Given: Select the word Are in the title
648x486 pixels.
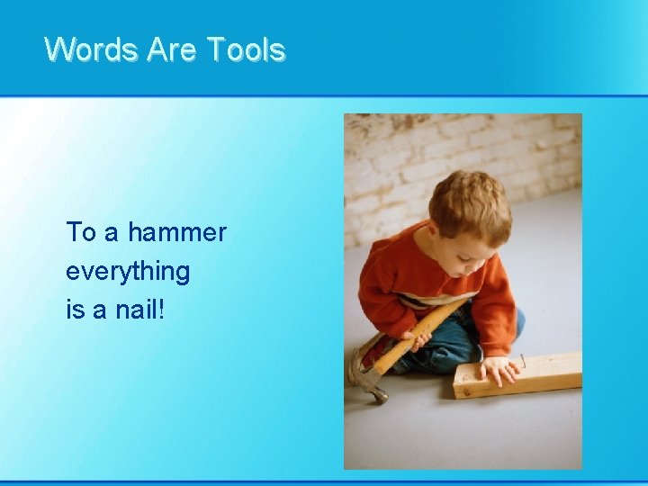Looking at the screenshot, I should tap(175, 49).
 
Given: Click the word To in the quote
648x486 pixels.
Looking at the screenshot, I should tap(80, 233).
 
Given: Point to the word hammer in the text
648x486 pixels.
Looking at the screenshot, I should tap(176, 233).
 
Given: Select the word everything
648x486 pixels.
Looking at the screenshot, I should tap(127, 272).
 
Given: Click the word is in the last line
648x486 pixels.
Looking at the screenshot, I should tap(74, 310).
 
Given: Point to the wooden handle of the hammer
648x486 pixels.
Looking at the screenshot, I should tap(423, 334).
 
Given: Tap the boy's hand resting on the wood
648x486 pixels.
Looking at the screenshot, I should tap(497, 369).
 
